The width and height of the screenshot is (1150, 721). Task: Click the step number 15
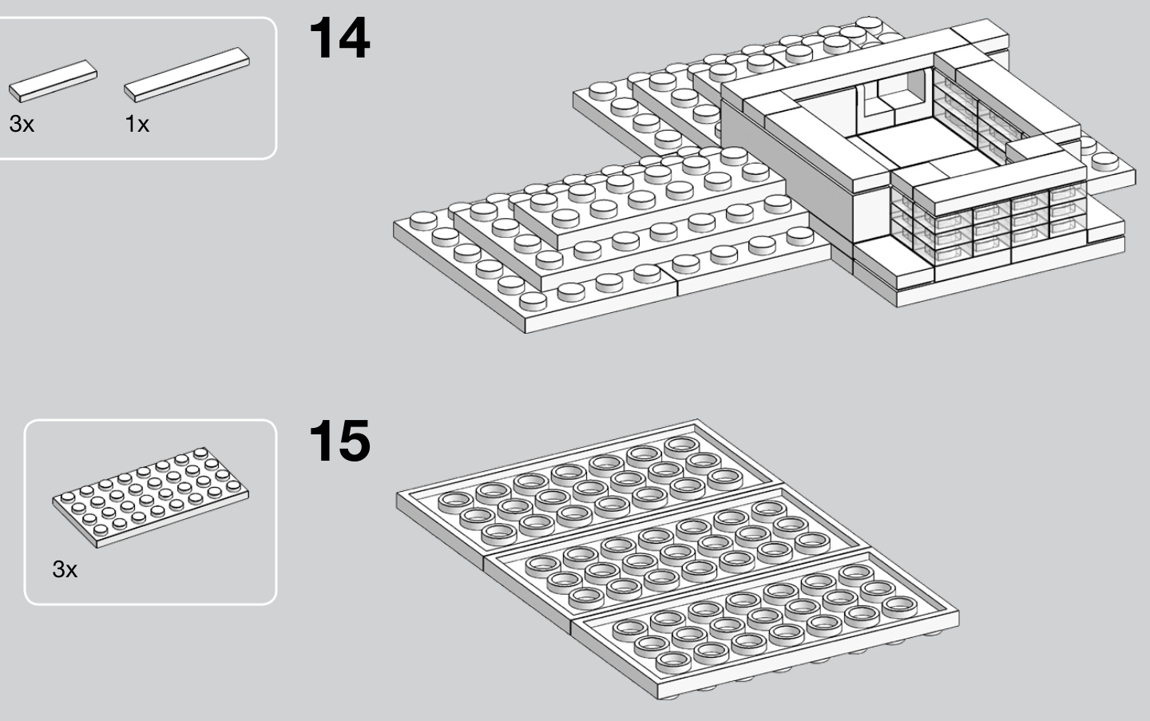click(339, 441)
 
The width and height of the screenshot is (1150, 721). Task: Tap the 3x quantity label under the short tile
click(22, 125)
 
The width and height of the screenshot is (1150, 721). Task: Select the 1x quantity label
click(137, 125)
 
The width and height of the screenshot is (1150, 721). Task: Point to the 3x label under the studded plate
click(65, 569)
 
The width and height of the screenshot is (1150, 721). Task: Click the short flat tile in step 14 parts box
click(53, 80)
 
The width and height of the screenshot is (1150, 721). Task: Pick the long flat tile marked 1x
click(186, 74)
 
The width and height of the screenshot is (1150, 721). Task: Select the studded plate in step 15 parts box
click(151, 496)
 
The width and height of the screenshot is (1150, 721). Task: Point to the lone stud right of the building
click(1105, 160)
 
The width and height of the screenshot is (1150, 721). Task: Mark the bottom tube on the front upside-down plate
click(672, 660)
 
